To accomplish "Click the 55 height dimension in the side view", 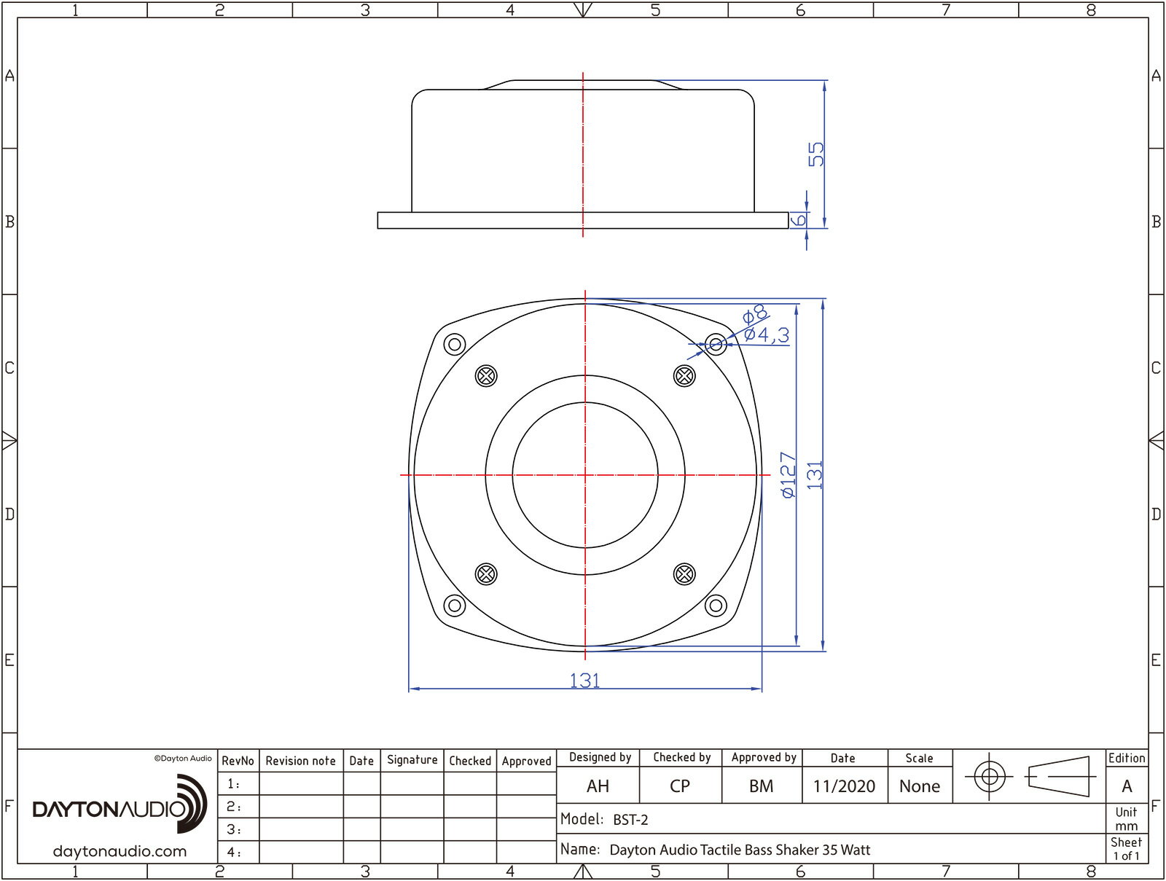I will pyautogui.click(x=816, y=154).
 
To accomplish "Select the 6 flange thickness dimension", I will pyautogui.click(x=799, y=219).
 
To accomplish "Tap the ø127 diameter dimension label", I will pyautogui.click(x=789, y=475).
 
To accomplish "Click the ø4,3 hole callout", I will pyautogui.click(x=767, y=335).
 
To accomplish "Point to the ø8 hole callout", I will pyautogui.click(x=755, y=315).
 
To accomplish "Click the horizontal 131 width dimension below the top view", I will pyautogui.click(x=584, y=681).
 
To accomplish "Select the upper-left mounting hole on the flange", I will pyautogui.click(x=455, y=344).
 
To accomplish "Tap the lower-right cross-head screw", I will pyautogui.click(x=684, y=574).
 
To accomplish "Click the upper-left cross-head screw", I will pyautogui.click(x=486, y=376).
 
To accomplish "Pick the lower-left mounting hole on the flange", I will pyautogui.click(x=455, y=605).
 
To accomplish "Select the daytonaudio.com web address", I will pyautogui.click(x=120, y=851).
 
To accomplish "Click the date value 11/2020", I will pyautogui.click(x=844, y=786).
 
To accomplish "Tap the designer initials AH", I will pyautogui.click(x=598, y=786).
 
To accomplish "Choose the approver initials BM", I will pyautogui.click(x=761, y=786).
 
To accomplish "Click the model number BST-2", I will pyautogui.click(x=630, y=820).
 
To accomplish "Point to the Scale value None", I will pyautogui.click(x=919, y=786).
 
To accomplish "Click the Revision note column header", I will pyautogui.click(x=300, y=761).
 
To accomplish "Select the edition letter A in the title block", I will pyautogui.click(x=1127, y=786).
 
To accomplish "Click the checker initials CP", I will pyautogui.click(x=679, y=786).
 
